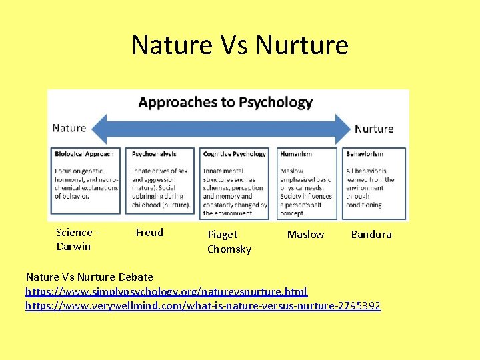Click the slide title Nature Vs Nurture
(x=240, y=45)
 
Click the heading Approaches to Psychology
(x=225, y=103)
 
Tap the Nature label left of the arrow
(x=69, y=128)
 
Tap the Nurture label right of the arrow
(x=374, y=129)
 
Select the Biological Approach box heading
(x=84, y=154)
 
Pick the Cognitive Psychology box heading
(x=234, y=154)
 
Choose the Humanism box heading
(x=296, y=154)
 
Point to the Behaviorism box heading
(x=365, y=154)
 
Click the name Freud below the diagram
(x=149, y=233)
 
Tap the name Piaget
(x=222, y=235)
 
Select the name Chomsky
(x=229, y=249)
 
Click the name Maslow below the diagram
(x=305, y=235)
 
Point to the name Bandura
(x=371, y=235)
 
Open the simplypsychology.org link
(x=167, y=291)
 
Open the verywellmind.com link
(x=203, y=306)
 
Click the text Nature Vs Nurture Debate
(x=89, y=277)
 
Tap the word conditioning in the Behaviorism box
(x=364, y=205)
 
